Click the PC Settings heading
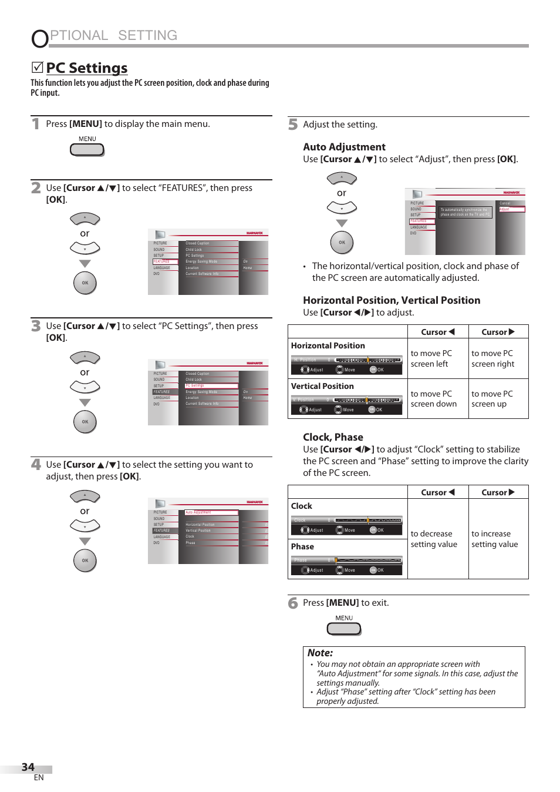[86, 68]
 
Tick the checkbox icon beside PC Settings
[37, 68]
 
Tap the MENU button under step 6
[344, 629]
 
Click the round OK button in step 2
[85, 283]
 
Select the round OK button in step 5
[342, 242]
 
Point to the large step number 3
[36, 326]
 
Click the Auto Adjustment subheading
[344, 147]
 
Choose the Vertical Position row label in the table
[322, 386]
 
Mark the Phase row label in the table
[302, 546]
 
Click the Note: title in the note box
[320, 653]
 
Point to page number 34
[28, 767]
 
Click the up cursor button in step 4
[85, 496]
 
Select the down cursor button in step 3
[85, 387]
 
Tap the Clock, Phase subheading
[333, 437]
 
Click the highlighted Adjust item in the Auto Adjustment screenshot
[511, 209]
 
